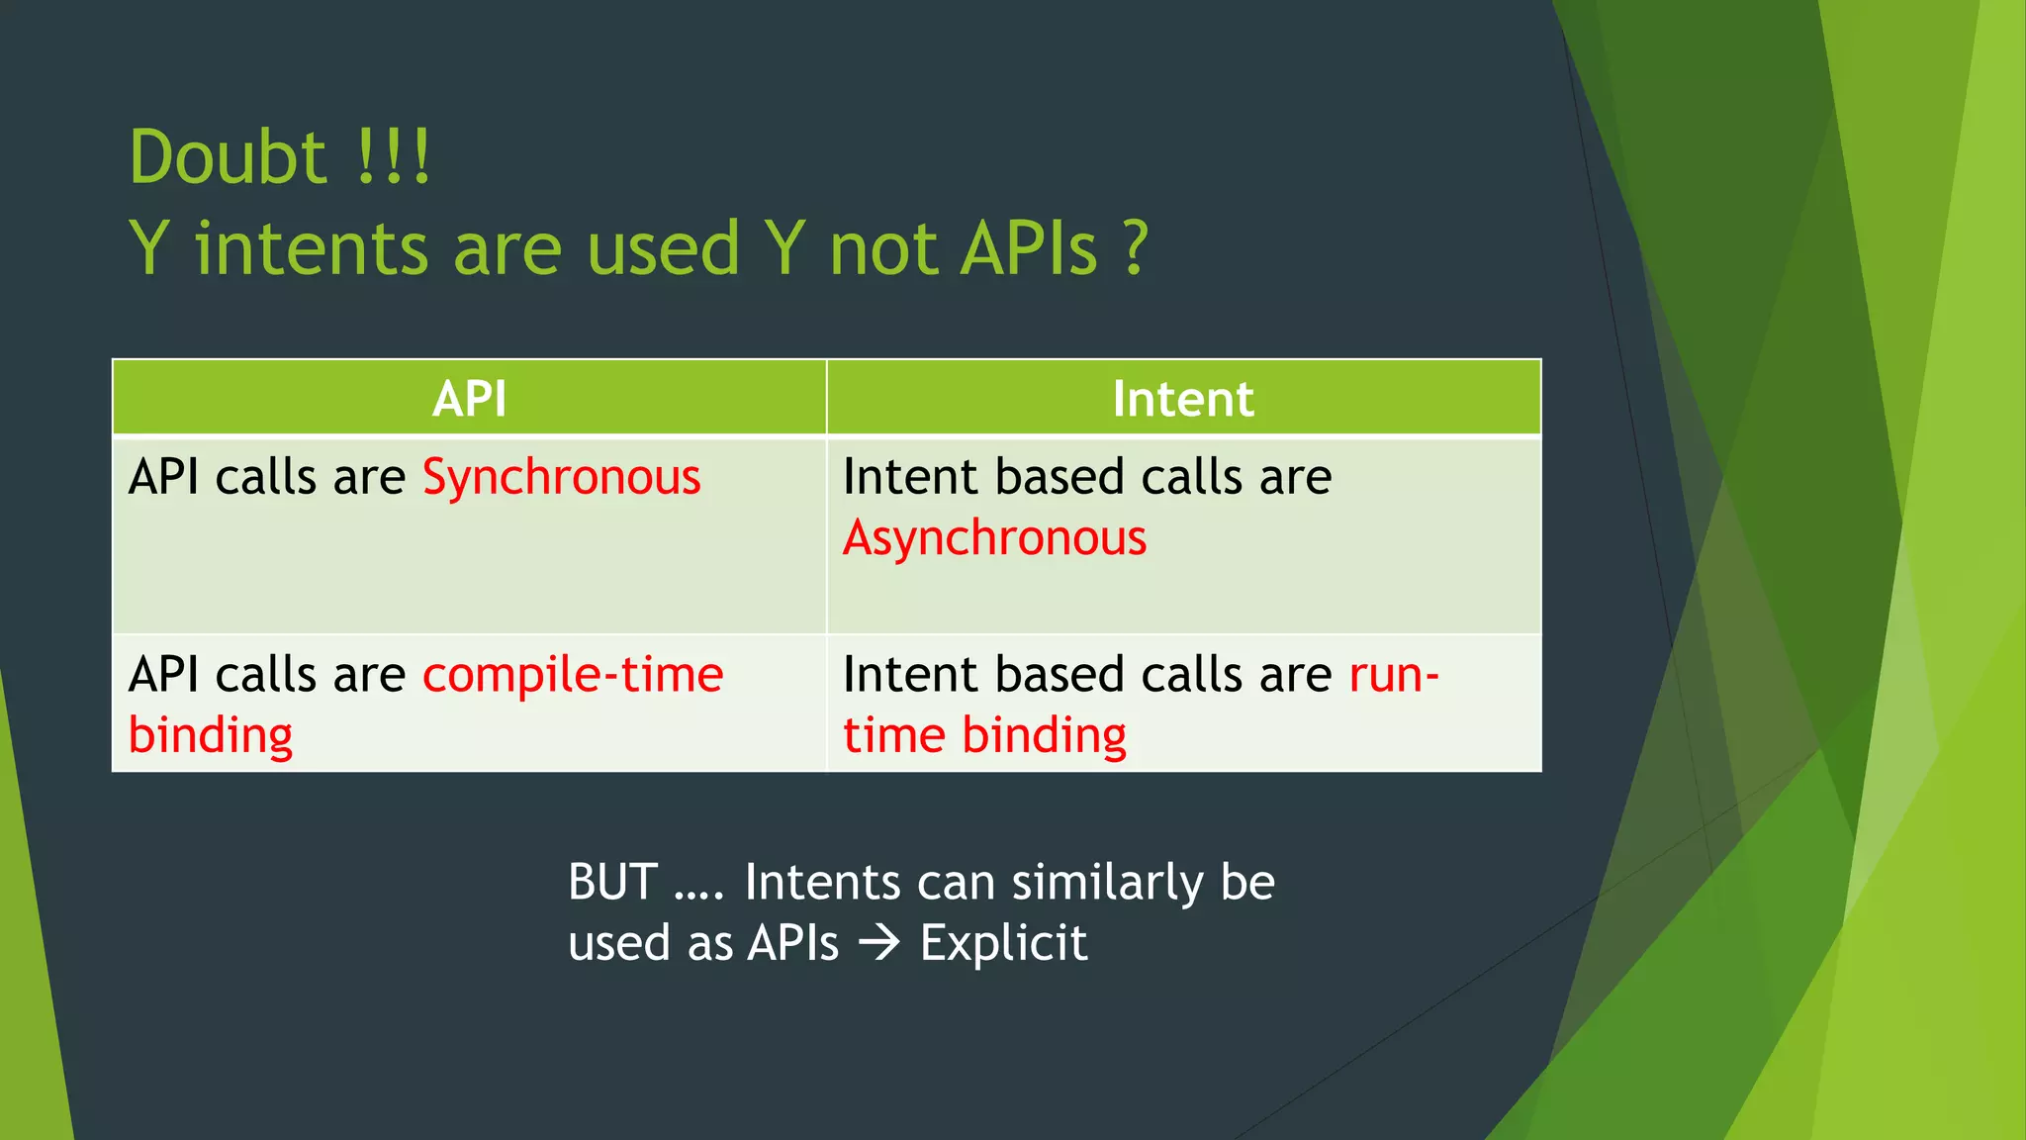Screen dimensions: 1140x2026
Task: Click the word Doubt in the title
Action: [x=228, y=158]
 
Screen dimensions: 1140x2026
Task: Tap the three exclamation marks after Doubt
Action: [x=394, y=158]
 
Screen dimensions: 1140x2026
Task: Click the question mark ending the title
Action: [x=1136, y=247]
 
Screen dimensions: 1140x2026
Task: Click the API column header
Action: [x=469, y=399]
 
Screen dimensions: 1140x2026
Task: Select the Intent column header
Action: [x=1183, y=399]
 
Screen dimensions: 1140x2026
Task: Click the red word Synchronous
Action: [x=561, y=478]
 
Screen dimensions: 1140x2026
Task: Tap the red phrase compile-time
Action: [x=573, y=676]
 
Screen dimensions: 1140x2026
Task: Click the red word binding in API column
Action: [x=211, y=736]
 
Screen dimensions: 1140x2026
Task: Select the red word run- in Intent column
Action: [x=1394, y=676]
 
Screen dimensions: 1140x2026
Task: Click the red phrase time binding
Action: [x=984, y=736]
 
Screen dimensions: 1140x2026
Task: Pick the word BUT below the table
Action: [x=612, y=883]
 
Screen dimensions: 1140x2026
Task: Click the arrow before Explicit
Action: [x=878, y=943]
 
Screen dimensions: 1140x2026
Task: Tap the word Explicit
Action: [x=1003, y=943]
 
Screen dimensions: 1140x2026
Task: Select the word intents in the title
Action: [x=312, y=247]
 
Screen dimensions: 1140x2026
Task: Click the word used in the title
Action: [x=663, y=247]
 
